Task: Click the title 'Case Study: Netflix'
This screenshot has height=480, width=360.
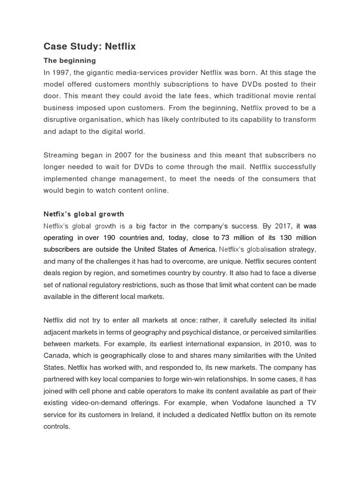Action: click(x=90, y=46)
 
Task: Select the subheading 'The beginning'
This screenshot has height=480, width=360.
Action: click(x=69, y=60)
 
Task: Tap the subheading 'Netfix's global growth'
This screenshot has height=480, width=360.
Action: click(x=84, y=214)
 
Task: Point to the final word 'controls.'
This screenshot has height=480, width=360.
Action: click(x=57, y=426)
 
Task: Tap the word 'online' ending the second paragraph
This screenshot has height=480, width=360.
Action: click(x=157, y=190)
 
